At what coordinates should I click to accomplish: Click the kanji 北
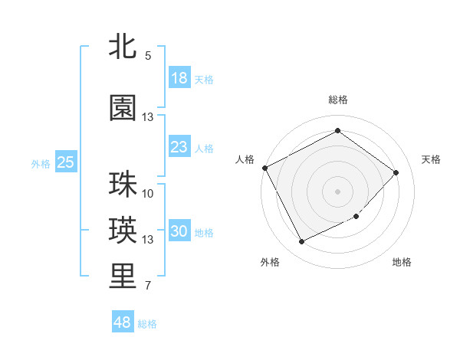pyautogui.click(x=123, y=47)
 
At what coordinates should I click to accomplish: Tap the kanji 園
pyautogui.click(x=123, y=108)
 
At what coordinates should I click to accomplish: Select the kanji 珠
pyautogui.click(x=123, y=185)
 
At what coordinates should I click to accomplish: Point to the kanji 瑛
pyautogui.click(x=123, y=231)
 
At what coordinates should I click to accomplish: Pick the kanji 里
pyautogui.click(x=123, y=277)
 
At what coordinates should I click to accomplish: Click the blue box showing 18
pyautogui.click(x=179, y=78)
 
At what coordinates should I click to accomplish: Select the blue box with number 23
pyautogui.click(x=179, y=147)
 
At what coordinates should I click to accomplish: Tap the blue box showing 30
pyautogui.click(x=179, y=231)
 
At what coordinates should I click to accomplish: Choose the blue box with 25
pyautogui.click(x=65, y=162)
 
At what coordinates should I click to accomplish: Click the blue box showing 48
pyautogui.click(x=122, y=322)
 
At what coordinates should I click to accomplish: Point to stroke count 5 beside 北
pyautogui.click(x=148, y=56)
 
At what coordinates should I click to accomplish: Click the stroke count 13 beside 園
pyautogui.click(x=148, y=117)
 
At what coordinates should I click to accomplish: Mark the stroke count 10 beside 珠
pyautogui.click(x=148, y=194)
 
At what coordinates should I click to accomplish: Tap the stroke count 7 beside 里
pyautogui.click(x=148, y=286)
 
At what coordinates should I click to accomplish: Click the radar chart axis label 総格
pyautogui.click(x=337, y=100)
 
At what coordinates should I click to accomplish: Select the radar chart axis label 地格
pyautogui.click(x=402, y=262)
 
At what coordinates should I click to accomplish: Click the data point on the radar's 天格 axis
pyautogui.click(x=396, y=172)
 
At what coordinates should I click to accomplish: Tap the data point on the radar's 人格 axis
pyautogui.click(x=264, y=168)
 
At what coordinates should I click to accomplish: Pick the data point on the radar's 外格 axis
pyautogui.click(x=301, y=242)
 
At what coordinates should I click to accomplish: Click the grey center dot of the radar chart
pyautogui.click(x=337, y=191)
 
